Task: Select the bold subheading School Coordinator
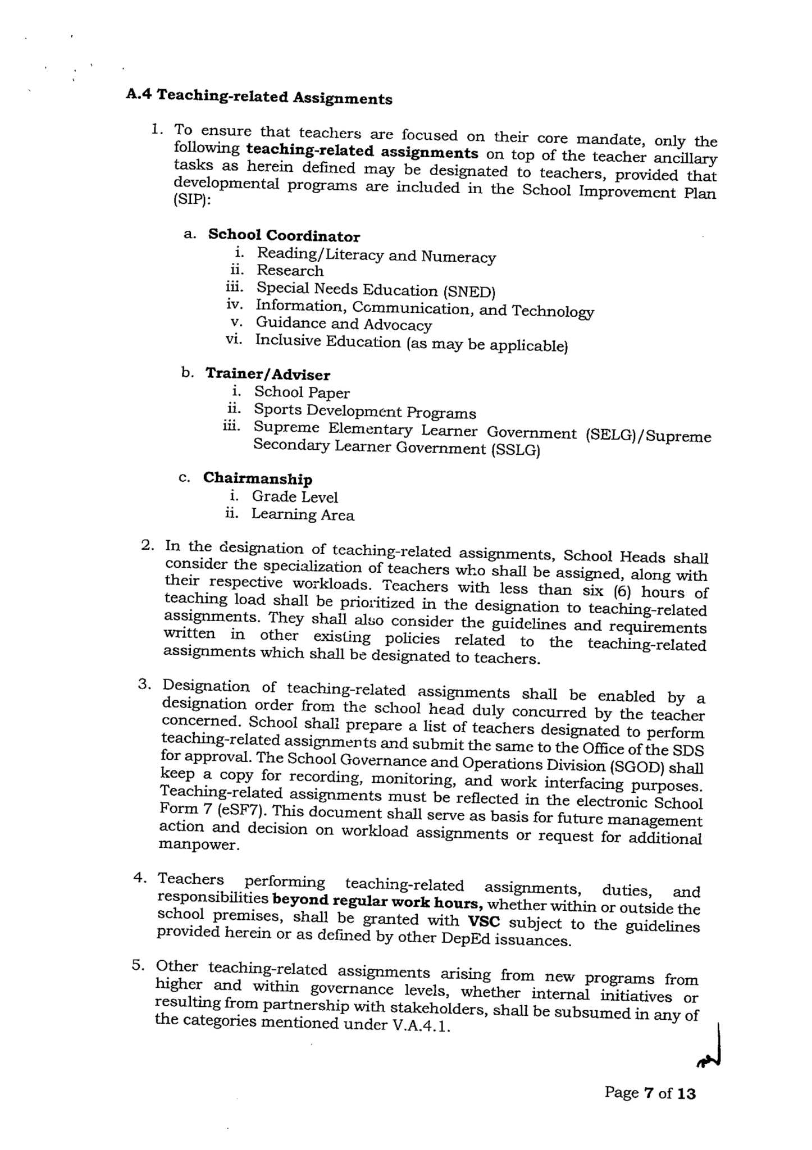pyautogui.click(x=284, y=235)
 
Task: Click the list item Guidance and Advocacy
pyautogui.click(x=344, y=324)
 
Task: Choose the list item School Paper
pyautogui.click(x=302, y=393)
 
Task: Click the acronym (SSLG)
pyautogui.click(x=515, y=450)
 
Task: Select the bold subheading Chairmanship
pyautogui.click(x=257, y=478)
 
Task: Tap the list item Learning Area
pyautogui.click(x=302, y=514)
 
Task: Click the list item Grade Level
pyautogui.click(x=294, y=497)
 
